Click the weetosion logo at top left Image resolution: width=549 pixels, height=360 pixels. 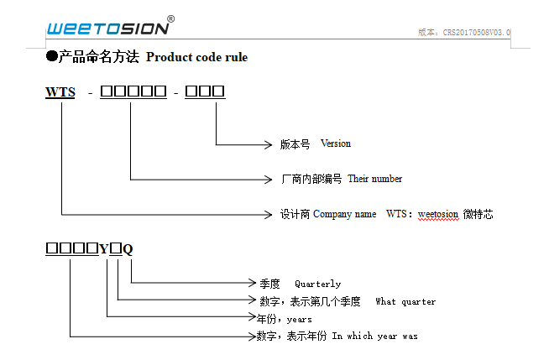[x=107, y=28]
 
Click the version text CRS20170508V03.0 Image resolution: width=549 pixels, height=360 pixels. [x=477, y=33]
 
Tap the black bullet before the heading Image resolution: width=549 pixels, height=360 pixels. [x=51, y=56]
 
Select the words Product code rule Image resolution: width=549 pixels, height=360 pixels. [x=196, y=57]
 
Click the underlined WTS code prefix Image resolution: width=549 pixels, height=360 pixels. [x=60, y=92]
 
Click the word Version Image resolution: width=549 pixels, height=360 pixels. [x=336, y=144]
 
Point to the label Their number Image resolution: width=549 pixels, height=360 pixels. [x=374, y=179]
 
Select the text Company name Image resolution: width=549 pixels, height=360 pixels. [x=344, y=214]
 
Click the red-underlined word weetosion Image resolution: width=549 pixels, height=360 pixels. [x=438, y=214]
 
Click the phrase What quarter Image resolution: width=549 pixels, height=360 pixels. [x=405, y=301]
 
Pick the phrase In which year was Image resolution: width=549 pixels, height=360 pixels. [x=374, y=336]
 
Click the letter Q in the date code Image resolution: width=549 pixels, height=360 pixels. [x=128, y=249]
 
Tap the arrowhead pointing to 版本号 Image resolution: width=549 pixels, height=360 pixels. [x=268, y=144]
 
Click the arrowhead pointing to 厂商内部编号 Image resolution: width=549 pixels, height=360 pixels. [x=268, y=179]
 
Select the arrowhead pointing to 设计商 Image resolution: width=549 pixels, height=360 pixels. [x=268, y=214]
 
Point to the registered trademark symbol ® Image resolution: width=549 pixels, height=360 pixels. [x=171, y=18]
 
